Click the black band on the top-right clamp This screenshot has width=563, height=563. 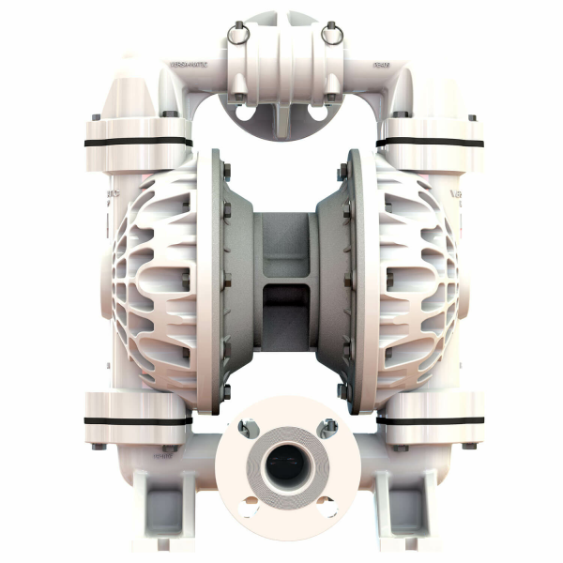(x=430, y=143)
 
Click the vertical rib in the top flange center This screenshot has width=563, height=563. (x=281, y=117)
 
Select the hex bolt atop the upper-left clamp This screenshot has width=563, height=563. (x=171, y=114)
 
